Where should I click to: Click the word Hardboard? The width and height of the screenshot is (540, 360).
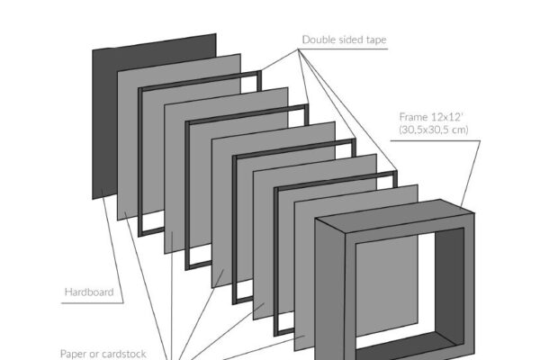point(88,292)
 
